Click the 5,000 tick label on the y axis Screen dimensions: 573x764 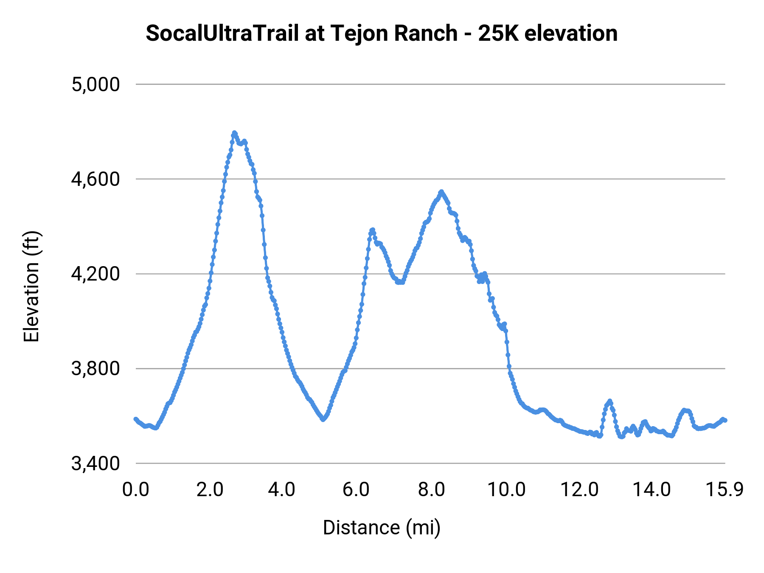point(96,84)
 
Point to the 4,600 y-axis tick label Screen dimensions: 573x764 point(96,179)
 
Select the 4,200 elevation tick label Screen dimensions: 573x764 point(96,274)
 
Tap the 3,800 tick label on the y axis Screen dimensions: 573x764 point(96,368)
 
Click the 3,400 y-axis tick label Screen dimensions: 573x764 point(96,463)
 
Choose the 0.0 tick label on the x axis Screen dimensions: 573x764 point(136,490)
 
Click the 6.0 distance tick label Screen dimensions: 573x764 point(357,490)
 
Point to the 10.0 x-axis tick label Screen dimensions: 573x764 point(506,490)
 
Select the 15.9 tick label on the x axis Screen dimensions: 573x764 point(725,490)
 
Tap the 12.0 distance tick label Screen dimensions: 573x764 point(580,490)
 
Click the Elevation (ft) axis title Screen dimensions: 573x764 point(31,286)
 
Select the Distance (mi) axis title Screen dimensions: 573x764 point(382,528)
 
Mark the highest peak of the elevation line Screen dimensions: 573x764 point(234,133)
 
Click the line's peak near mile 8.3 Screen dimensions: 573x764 point(441,191)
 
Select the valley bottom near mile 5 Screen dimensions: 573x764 point(323,419)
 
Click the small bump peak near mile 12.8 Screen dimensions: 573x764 point(610,401)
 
